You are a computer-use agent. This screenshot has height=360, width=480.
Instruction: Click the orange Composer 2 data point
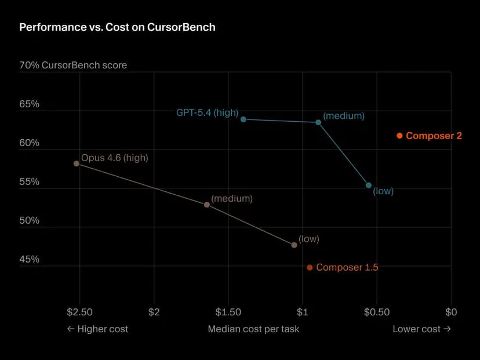coord(399,136)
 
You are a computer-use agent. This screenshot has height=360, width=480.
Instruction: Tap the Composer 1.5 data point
coord(310,267)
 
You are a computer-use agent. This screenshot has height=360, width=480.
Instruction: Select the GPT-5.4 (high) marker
coord(243,119)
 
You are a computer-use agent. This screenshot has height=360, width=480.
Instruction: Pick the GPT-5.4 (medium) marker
coord(318,122)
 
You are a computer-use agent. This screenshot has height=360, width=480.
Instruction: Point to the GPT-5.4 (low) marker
coord(369,186)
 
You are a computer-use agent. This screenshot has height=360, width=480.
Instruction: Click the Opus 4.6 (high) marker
coord(77,163)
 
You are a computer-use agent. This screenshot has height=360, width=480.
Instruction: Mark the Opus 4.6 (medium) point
coord(207,205)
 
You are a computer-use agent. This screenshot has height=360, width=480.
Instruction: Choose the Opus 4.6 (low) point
coord(294,245)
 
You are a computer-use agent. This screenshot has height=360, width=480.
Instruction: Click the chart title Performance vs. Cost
coord(117,27)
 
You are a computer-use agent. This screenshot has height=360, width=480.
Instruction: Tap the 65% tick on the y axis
coord(30,104)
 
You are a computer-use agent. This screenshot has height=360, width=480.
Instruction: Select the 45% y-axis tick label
coord(30,259)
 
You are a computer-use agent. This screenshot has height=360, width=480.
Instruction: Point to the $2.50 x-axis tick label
coord(79,312)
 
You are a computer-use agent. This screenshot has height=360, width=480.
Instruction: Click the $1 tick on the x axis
coord(303,312)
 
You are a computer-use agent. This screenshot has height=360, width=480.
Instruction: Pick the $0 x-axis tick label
coord(451,312)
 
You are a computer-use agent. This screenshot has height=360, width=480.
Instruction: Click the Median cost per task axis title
coord(253,329)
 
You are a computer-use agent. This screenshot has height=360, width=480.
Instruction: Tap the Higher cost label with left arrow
coord(97,329)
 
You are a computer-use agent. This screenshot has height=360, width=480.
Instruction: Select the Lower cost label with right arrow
coord(421,329)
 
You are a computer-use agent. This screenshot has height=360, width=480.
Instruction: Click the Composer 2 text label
coord(434,136)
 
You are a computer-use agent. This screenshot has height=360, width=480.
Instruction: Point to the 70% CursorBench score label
coord(73,66)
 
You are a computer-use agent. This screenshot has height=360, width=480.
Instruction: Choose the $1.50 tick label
coord(228,312)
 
